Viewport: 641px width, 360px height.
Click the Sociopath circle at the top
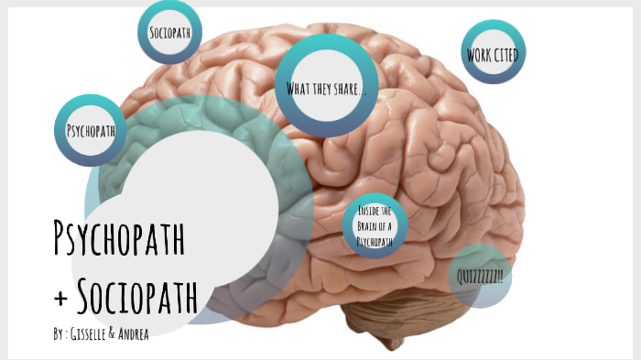point(169,33)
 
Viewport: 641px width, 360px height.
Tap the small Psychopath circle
point(91,130)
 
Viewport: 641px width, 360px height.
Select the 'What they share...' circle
point(327,87)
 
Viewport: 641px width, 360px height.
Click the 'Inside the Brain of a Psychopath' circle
point(375,226)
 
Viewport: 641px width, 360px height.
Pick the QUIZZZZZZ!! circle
point(481,275)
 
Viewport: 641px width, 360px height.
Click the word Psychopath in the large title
point(120,239)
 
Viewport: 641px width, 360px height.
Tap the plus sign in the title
point(60,298)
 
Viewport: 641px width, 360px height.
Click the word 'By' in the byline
point(59,334)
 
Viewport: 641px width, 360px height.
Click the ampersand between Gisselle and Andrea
point(112,334)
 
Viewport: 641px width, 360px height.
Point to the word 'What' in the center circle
point(299,88)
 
